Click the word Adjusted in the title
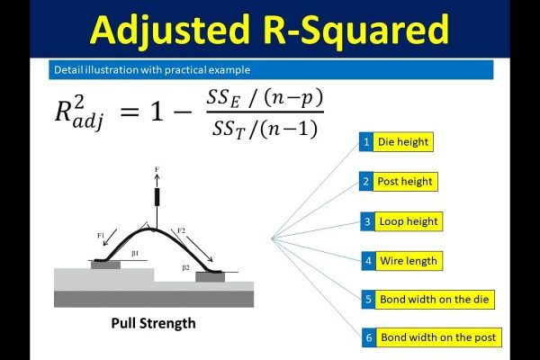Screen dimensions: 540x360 (x=170, y=31)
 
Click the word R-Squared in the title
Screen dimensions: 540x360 (x=355, y=31)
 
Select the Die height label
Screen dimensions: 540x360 (x=403, y=141)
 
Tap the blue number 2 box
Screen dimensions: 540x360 (x=365, y=181)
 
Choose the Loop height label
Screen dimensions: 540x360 (x=409, y=221)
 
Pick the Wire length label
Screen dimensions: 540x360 (x=409, y=261)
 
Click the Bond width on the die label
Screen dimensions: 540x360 (x=435, y=300)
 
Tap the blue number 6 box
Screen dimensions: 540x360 (x=369, y=337)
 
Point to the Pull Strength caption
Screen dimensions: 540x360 (x=153, y=323)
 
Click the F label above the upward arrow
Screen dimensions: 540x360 (x=157, y=169)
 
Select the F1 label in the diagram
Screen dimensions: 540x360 (x=101, y=236)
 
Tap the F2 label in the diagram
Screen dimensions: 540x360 (x=181, y=230)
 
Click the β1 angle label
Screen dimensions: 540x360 (x=135, y=254)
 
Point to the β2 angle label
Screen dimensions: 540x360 (x=185, y=267)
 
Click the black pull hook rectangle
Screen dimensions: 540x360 (x=157, y=197)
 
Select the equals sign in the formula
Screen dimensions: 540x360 (x=130, y=112)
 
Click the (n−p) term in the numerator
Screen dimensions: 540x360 (x=293, y=98)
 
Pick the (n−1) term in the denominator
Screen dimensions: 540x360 (x=289, y=130)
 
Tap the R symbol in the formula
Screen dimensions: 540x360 (x=63, y=112)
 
